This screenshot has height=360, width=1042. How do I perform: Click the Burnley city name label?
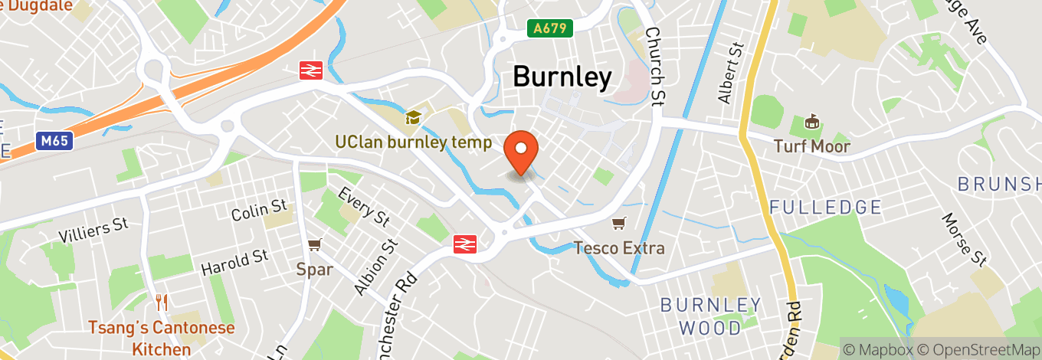point(562,77)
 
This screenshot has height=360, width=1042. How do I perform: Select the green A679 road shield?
point(550,28)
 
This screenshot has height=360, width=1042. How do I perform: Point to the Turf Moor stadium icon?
point(812,122)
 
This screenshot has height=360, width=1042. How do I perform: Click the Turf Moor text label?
point(812,146)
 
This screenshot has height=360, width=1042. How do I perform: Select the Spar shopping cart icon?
point(314,245)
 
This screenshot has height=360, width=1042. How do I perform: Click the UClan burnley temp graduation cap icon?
point(414,118)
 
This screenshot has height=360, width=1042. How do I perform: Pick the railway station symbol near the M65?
point(310,70)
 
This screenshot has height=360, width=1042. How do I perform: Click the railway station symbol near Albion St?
point(464,244)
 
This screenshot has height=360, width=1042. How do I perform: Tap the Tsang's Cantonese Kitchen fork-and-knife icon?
point(161,302)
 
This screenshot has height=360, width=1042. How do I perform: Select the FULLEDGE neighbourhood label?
point(825,208)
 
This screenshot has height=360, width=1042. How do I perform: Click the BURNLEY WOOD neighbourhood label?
point(712,316)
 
